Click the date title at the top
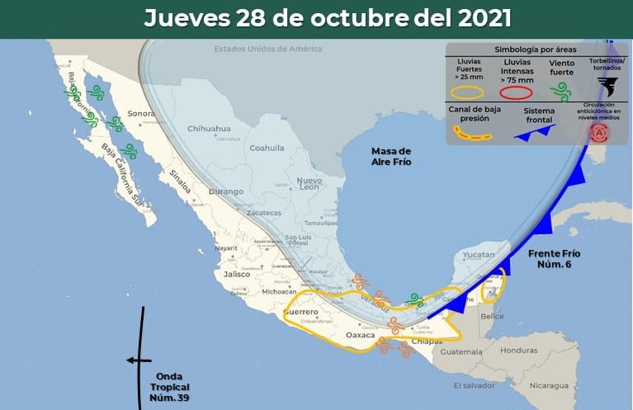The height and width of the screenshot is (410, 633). pos(327,18)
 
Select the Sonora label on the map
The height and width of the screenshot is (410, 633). pos(141,113)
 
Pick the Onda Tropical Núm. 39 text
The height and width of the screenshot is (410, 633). pos(172,387)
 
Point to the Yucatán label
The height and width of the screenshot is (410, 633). pos(477,255)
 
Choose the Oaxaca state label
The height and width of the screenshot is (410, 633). pos(359,335)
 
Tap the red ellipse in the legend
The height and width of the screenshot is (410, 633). pos(514,93)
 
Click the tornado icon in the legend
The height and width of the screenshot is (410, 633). pos(607,86)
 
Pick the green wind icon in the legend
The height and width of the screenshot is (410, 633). pos(562,87)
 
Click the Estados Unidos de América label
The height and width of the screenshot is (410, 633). pos(267,49)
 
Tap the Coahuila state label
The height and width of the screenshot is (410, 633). pos(267,148)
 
